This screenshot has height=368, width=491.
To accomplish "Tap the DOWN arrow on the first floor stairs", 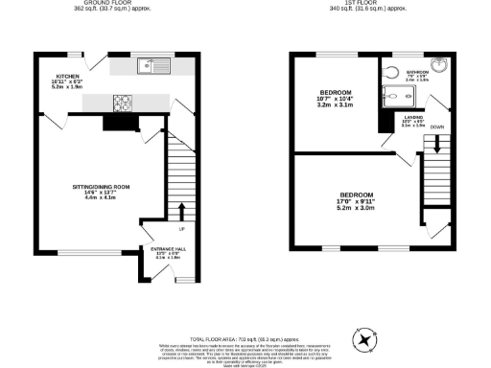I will tap(438, 143).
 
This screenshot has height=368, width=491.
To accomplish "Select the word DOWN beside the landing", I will tap(436, 125).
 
